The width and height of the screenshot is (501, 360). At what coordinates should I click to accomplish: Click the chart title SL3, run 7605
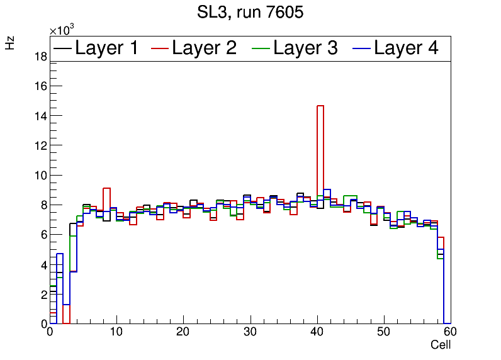click(250, 12)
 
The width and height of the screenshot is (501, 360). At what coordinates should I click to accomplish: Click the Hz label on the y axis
click(10, 42)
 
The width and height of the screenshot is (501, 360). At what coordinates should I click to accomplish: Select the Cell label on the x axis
click(440, 345)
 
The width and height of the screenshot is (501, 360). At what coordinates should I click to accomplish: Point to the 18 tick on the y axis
click(40, 57)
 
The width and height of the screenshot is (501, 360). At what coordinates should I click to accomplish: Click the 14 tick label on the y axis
click(40, 116)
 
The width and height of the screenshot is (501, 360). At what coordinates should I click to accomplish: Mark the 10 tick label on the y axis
click(40, 176)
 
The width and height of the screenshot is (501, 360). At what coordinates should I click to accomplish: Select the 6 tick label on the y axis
click(43, 235)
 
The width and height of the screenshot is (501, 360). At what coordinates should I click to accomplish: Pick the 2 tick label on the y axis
click(43, 295)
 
